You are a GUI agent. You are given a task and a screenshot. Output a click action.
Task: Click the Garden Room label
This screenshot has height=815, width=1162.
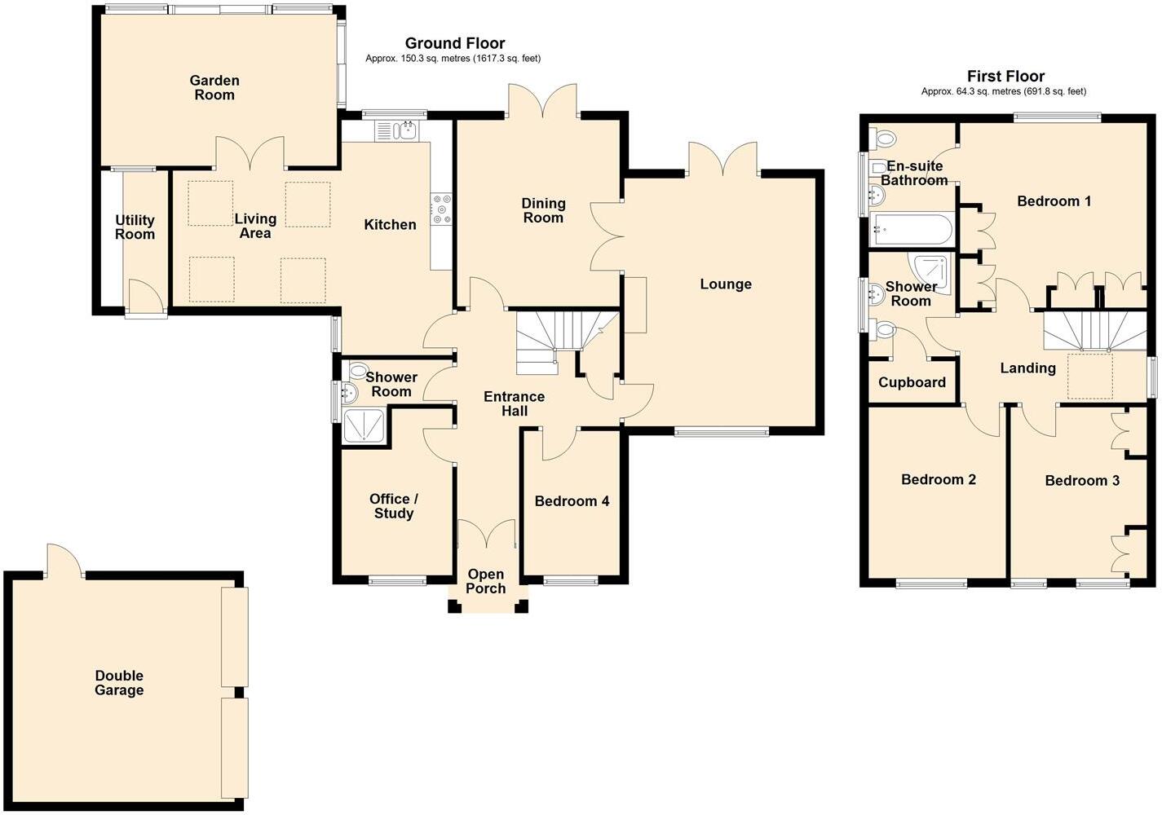[x=214, y=87]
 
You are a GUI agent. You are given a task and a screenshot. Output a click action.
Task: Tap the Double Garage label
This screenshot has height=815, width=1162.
[x=119, y=683]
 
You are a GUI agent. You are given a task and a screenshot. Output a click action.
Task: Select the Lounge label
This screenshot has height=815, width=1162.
[x=726, y=284]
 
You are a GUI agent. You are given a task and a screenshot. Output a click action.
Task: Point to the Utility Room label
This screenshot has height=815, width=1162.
[x=135, y=227]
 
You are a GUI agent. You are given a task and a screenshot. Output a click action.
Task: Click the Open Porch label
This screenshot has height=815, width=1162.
[x=486, y=581]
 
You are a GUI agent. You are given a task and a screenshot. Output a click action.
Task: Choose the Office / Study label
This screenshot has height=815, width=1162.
[x=394, y=506]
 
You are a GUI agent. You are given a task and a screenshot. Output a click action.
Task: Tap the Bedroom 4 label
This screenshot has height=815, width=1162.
[x=572, y=501]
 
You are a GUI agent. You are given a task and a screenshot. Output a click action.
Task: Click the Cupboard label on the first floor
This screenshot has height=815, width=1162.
[x=912, y=382]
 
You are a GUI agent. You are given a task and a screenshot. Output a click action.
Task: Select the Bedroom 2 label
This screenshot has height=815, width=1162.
[x=938, y=479]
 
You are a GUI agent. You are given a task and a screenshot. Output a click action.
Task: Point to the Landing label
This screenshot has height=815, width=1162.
[x=1027, y=368]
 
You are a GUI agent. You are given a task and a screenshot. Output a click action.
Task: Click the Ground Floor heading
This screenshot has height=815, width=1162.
[x=455, y=43]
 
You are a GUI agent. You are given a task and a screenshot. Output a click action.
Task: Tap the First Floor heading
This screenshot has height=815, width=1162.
[x=1005, y=76]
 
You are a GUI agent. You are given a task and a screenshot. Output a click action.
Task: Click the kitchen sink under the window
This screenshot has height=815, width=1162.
[x=397, y=130]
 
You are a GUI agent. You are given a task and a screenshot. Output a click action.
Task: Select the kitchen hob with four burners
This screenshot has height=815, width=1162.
[x=442, y=209]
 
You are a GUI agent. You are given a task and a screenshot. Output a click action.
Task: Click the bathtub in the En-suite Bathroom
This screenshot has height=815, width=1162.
[x=911, y=230]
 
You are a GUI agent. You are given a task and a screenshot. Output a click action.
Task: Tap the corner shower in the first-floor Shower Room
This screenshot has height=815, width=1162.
[x=931, y=274]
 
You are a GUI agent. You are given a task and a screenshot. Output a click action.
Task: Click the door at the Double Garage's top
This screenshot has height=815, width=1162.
[x=64, y=562]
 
